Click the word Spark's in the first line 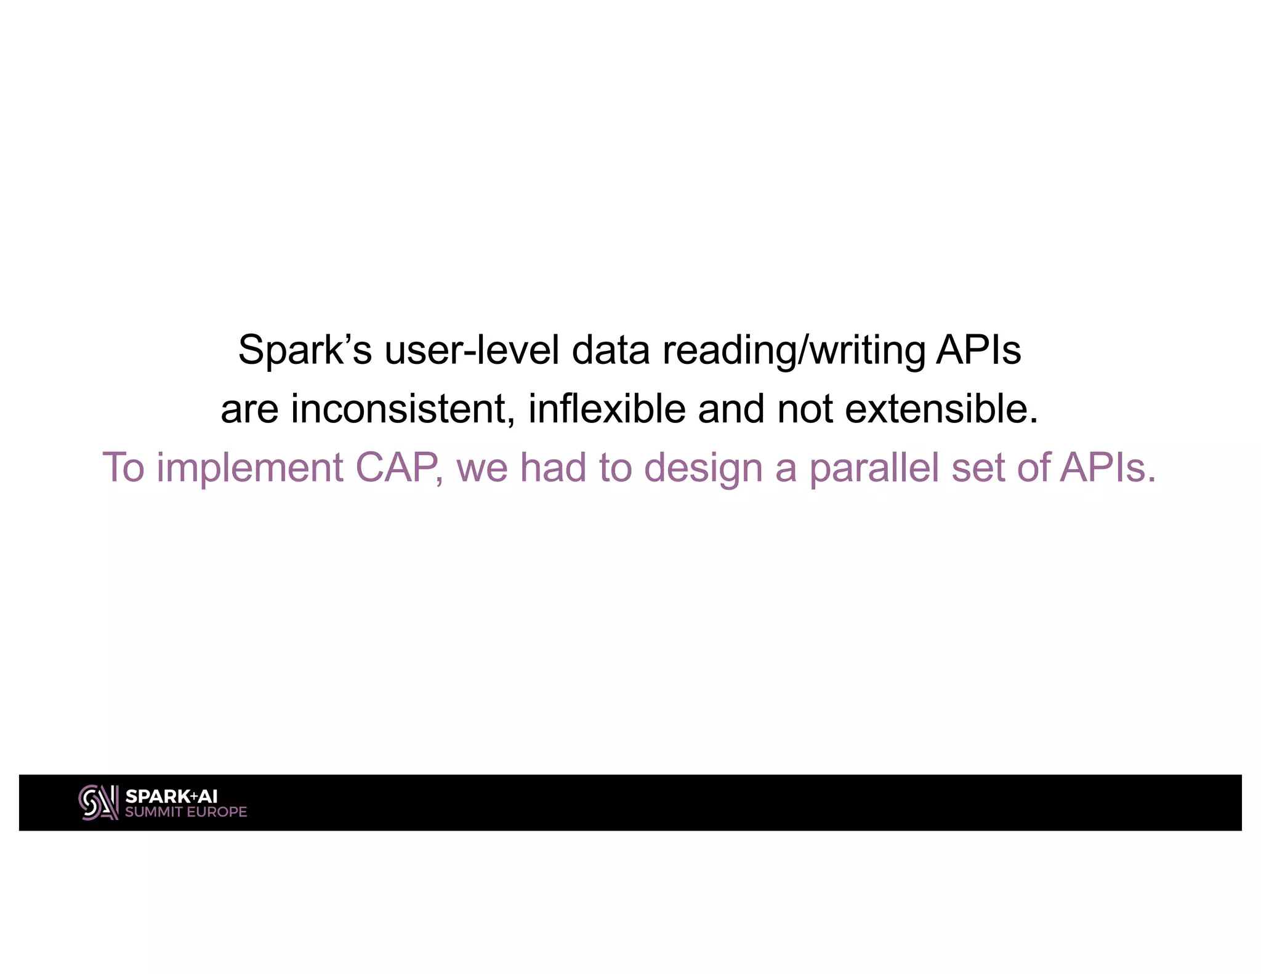tap(305, 350)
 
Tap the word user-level tap(472, 350)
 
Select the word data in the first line tap(611, 350)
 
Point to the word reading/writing tap(794, 350)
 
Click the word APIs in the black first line tap(978, 350)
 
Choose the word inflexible tap(606, 409)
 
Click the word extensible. tap(941, 409)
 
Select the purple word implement tap(250, 468)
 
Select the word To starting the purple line tap(123, 468)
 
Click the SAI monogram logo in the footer tap(99, 802)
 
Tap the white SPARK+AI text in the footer tap(171, 796)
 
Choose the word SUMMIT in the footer tap(154, 812)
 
